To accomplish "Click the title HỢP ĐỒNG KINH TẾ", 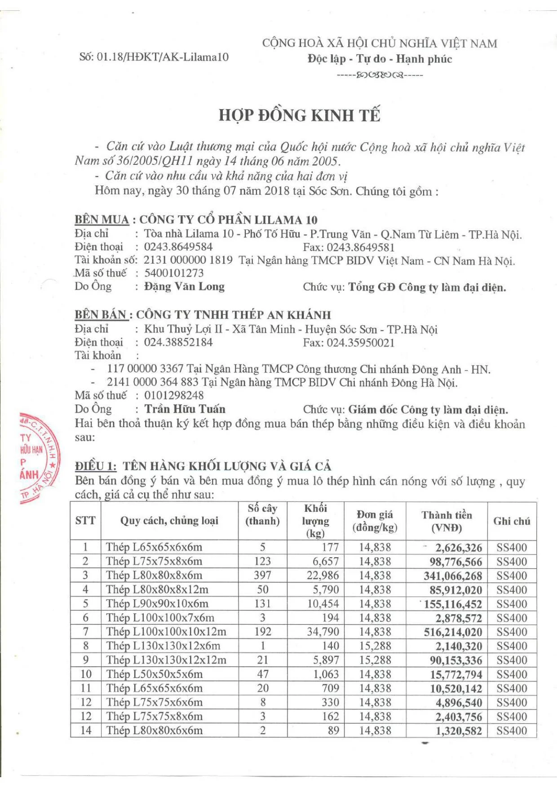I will [299, 115].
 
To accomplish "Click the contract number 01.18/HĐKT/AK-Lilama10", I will [163, 57].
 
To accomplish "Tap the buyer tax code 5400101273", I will [174, 273].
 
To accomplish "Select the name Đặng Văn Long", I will [184, 286].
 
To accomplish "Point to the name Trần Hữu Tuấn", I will [185, 409].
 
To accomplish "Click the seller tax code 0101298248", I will [174, 396].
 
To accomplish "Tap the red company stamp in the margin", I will [38, 457].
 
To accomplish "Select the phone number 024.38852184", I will [178, 343].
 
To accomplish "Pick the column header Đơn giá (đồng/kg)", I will [375, 521].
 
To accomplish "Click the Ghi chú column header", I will [512, 521].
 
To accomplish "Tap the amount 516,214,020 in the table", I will [453, 633].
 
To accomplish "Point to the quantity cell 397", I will [262, 576].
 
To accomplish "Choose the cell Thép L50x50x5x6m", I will [154, 674].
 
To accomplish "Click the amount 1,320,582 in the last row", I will [459, 731].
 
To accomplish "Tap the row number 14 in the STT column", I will [86, 731].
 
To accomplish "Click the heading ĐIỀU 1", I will [96, 466].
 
